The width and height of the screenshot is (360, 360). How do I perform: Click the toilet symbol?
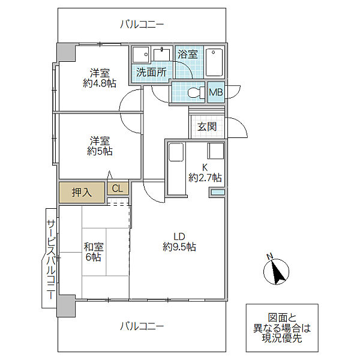pos(196,92)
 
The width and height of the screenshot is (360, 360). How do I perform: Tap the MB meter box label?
pos(216,92)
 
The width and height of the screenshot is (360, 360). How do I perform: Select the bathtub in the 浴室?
pos(214,62)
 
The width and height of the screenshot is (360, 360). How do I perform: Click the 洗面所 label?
pos(151,73)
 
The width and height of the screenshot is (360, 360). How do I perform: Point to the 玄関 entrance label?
pos(207,127)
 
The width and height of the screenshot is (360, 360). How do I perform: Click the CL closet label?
pos(118,188)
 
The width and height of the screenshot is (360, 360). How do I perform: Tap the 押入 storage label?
pos(82,192)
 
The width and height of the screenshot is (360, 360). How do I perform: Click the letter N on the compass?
pos(269,256)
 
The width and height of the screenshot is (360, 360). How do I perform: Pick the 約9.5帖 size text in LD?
pos(179,247)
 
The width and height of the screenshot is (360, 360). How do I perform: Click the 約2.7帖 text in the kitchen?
pos(205,178)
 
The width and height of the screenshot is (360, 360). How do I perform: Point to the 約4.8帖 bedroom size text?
pos(100,83)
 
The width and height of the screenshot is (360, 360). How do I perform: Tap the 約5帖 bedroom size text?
pos(100,151)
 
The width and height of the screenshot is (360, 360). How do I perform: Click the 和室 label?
pos(94,247)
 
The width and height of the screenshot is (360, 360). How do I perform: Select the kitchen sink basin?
pos(176,152)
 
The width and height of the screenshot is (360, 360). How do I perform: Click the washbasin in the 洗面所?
pos(161,55)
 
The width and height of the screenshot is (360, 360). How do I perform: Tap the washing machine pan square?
pos(141,55)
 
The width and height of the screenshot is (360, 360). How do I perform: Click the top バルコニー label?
pos(142,25)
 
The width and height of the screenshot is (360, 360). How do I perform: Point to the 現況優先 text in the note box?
pos(282,338)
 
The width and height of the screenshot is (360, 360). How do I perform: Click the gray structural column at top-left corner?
pos(66,52)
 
